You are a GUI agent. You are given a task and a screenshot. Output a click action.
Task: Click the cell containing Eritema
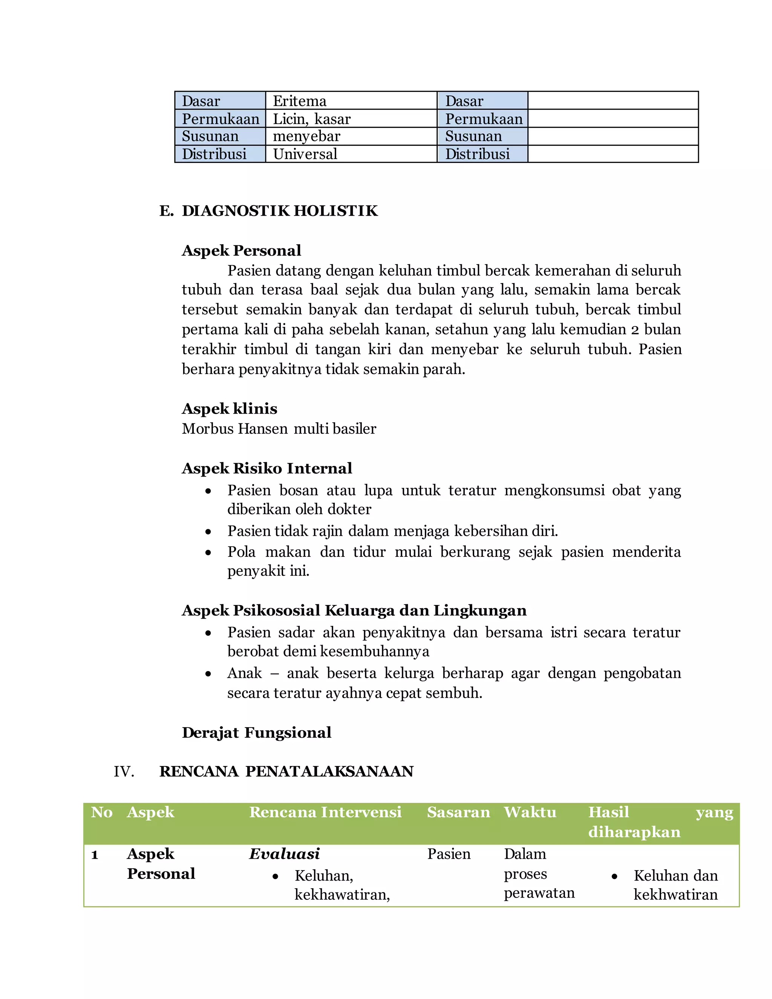pyautogui.click(x=351, y=101)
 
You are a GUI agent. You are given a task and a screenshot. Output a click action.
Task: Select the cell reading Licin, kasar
pyautogui.click(x=351, y=119)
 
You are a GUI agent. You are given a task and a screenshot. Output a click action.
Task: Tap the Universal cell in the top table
pyautogui.click(x=351, y=154)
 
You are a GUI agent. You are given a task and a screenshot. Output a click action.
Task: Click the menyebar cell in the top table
pyautogui.click(x=351, y=136)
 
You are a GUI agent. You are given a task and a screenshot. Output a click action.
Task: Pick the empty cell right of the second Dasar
pyautogui.click(x=613, y=101)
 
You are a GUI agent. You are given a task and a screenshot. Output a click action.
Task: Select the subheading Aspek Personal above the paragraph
pyautogui.click(x=242, y=251)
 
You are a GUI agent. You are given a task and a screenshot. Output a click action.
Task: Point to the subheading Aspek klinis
pyautogui.click(x=230, y=409)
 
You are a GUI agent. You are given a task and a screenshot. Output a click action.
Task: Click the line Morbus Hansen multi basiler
pyautogui.click(x=279, y=429)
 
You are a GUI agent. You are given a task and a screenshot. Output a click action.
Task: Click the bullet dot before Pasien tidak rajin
pyautogui.click(x=208, y=532)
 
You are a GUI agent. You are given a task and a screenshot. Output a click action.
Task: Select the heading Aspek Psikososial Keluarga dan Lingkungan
pyautogui.click(x=354, y=611)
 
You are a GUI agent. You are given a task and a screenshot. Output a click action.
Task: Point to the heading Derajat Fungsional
pyautogui.click(x=257, y=733)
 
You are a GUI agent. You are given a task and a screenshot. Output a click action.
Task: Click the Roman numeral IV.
pyautogui.click(x=124, y=772)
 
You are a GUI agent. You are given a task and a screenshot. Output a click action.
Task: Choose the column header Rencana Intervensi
pyautogui.click(x=325, y=812)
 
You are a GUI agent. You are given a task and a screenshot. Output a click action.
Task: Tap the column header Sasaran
pyautogui.click(x=458, y=812)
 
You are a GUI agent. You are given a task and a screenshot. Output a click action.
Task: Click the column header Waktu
pyautogui.click(x=530, y=812)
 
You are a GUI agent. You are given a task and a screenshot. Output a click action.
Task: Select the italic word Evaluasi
pyautogui.click(x=285, y=854)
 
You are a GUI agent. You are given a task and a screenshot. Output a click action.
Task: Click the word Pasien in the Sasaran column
pyautogui.click(x=449, y=854)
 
